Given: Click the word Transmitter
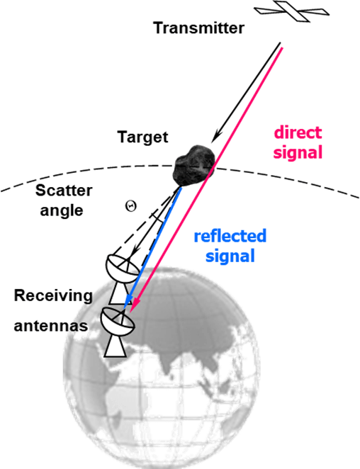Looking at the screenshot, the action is click(199, 28).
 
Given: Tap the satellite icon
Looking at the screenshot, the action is click(291, 11).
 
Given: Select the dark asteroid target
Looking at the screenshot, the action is click(194, 165).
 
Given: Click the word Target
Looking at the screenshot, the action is click(143, 137).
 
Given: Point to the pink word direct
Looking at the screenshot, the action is click(298, 132).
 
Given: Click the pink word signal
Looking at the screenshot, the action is click(298, 152).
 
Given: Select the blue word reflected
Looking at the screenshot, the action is click(230, 236).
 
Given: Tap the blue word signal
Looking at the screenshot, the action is click(230, 256).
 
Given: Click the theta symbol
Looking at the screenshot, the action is click(131, 205).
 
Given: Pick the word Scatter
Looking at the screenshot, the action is click(64, 191).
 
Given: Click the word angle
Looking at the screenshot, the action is click(62, 210).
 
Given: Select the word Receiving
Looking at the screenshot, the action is click(53, 295).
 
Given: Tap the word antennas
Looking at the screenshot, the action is click(51, 325).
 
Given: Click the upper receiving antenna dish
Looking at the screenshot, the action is click(122, 268).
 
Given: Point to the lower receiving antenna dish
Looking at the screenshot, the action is click(118, 322).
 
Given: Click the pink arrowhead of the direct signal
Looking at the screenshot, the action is click(135, 305).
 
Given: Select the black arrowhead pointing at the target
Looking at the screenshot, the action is click(216, 137).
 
